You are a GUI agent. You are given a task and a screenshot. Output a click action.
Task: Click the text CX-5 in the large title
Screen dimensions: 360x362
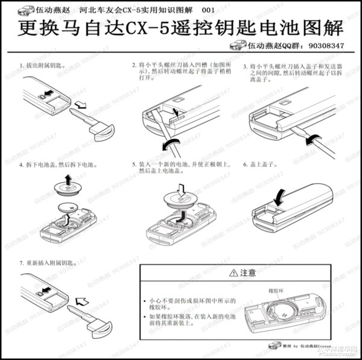159,28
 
